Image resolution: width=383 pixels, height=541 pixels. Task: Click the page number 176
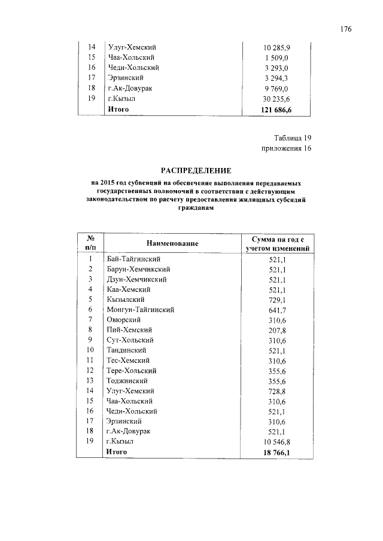pos(346,29)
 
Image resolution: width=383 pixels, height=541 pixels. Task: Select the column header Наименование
pos(172,243)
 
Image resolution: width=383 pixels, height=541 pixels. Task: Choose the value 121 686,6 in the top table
pos(276,109)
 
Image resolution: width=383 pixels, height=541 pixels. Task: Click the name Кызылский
pos(125,299)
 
